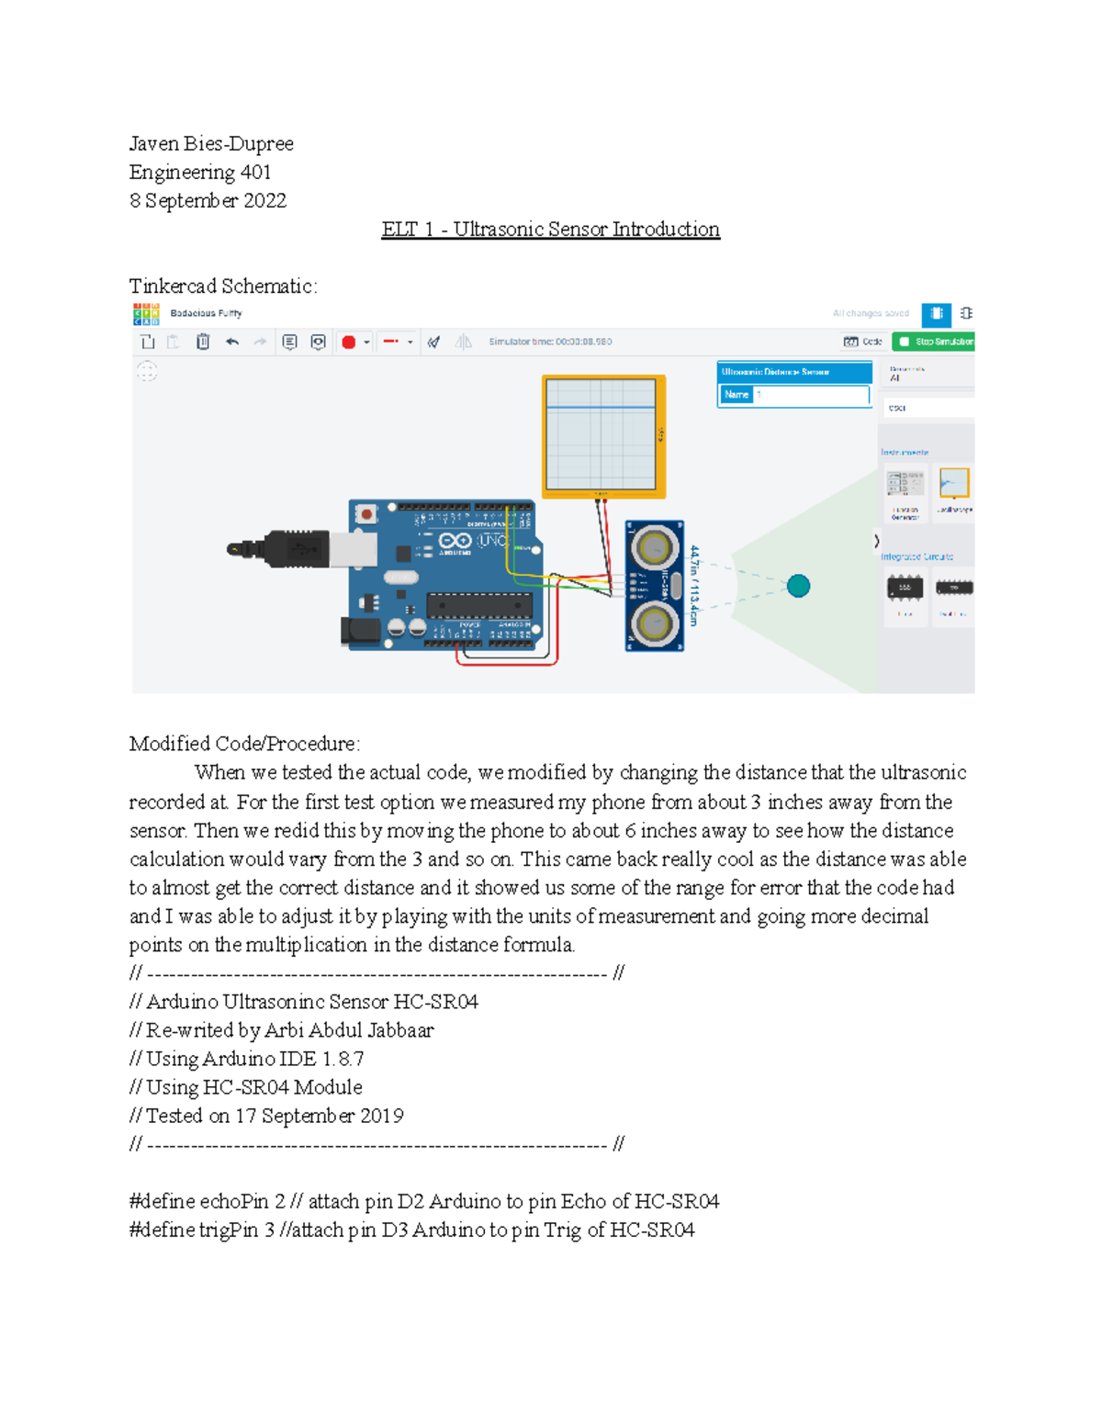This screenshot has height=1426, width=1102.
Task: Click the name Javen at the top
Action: coord(153,144)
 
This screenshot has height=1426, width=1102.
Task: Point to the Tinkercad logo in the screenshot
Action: coord(146,314)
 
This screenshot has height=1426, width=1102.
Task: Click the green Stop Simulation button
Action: coord(934,342)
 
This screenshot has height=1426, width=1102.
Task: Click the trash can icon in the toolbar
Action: coord(203,342)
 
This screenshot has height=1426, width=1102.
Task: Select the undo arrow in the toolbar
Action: coord(232,342)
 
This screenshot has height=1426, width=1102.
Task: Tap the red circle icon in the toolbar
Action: coord(348,342)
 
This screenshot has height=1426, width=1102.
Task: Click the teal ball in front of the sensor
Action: coord(798,586)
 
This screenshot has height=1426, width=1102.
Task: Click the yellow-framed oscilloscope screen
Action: coord(602,436)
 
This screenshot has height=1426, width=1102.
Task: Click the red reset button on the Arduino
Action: coord(366,514)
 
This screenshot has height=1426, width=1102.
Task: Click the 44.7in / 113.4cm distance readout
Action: coord(694,585)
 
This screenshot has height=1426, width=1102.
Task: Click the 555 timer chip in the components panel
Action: coord(905,588)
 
